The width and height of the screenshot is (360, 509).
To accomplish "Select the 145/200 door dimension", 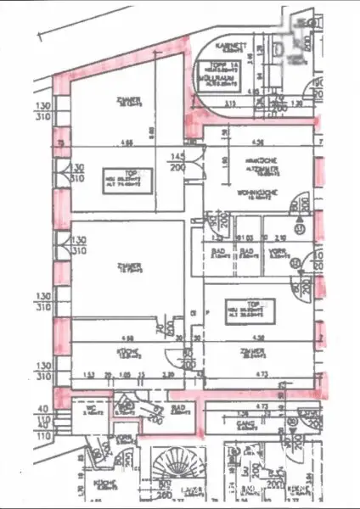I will tap(177, 162).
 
